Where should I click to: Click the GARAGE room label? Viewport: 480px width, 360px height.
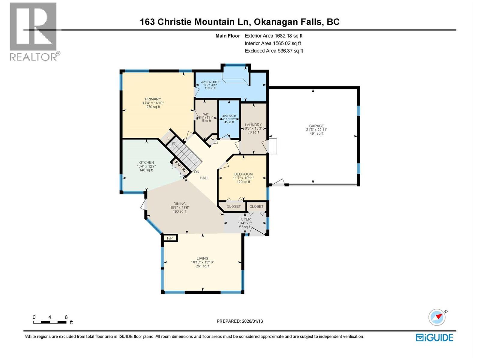[316, 126]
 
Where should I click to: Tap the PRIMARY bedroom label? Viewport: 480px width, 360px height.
[153, 99]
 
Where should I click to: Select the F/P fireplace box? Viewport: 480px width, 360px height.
[170, 238]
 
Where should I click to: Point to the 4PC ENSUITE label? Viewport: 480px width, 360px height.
[210, 82]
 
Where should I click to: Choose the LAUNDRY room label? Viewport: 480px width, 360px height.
[253, 125]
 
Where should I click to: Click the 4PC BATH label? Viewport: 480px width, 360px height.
[229, 116]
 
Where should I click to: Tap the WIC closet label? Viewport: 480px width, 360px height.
[206, 114]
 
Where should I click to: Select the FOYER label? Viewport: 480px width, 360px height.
[244, 219]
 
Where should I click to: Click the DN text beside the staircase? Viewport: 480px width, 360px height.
[197, 172]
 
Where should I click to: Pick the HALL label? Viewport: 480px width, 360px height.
[204, 178]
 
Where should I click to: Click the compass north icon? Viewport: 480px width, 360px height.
[437, 317]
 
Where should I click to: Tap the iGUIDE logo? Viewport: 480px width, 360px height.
[434, 337]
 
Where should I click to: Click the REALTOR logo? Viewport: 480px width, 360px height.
[34, 31]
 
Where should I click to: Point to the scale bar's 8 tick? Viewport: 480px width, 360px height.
[66, 317]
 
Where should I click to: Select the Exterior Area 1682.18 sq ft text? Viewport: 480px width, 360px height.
[274, 36]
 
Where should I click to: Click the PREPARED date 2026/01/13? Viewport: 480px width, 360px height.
[240, 321]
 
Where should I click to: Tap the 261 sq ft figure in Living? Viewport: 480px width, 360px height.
[202, 266]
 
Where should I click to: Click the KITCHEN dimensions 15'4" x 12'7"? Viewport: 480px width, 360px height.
[146, 166]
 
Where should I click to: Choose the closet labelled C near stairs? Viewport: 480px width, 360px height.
[168, 138]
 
